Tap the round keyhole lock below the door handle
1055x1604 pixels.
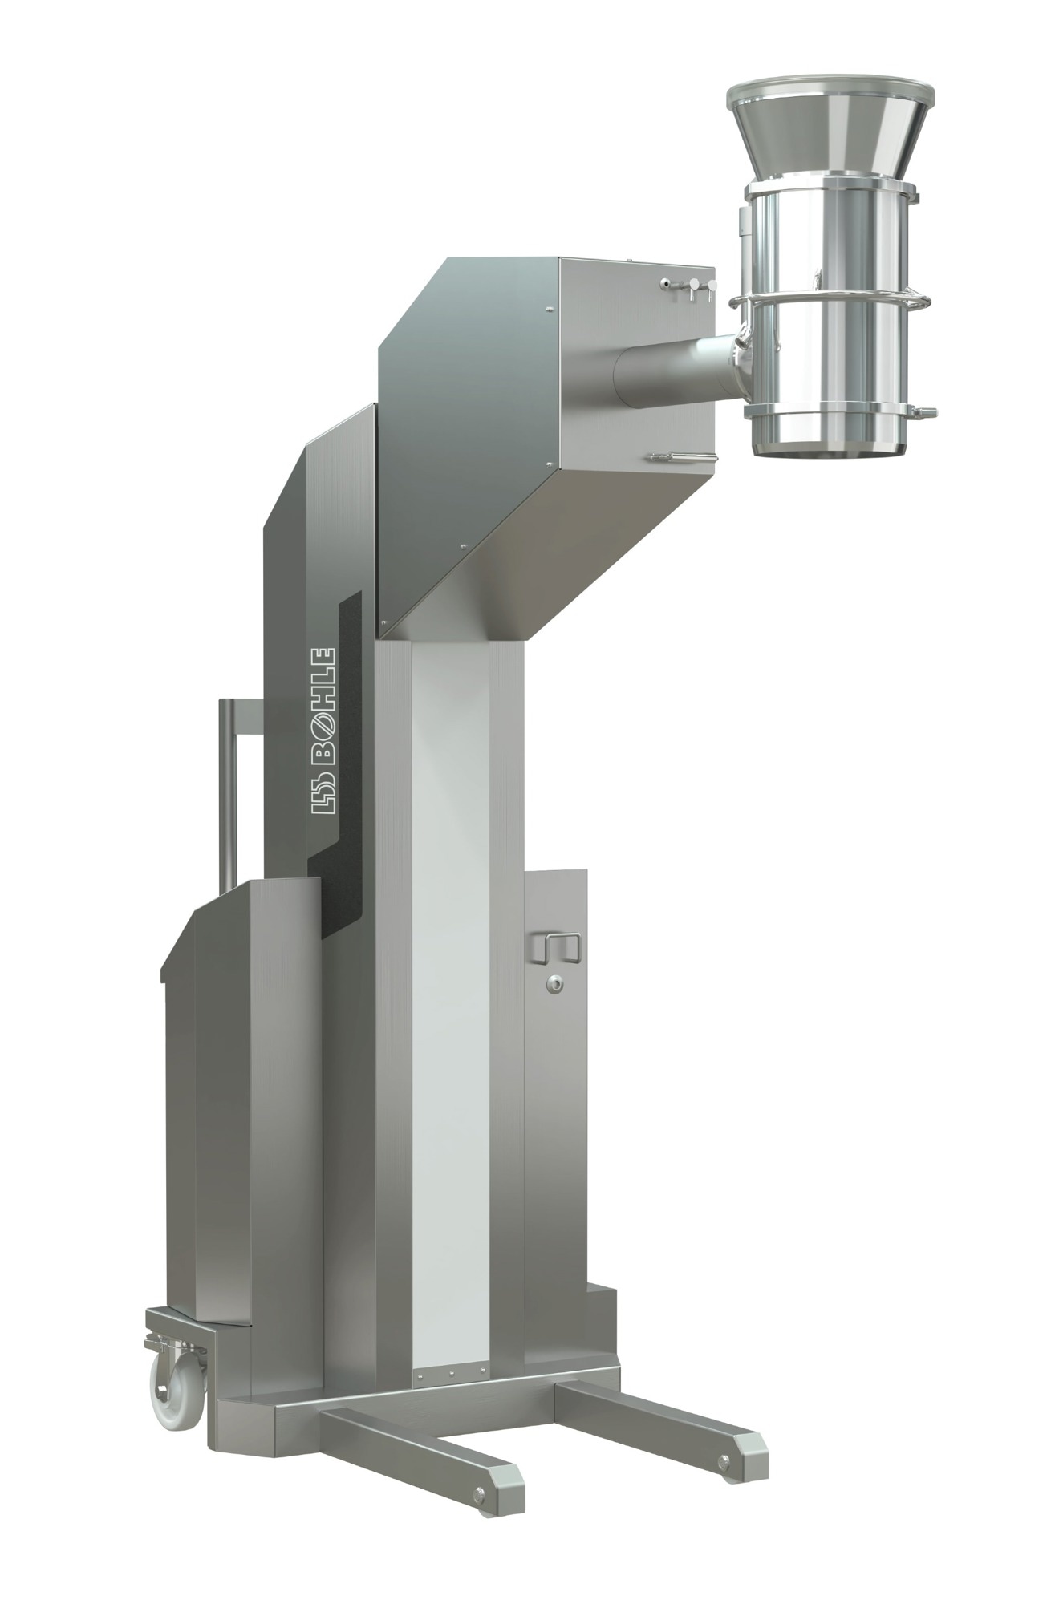[x=553, y=985]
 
